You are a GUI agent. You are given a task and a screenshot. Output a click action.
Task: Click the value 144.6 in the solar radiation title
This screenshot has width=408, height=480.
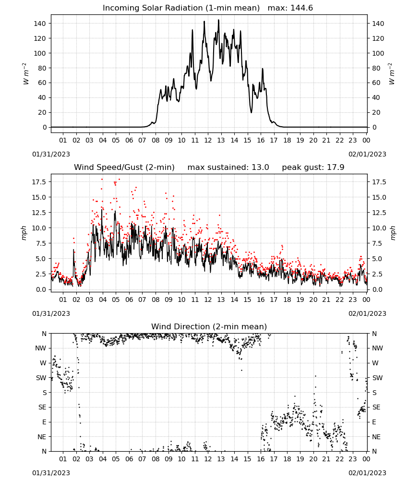pyautogui.click(x=301, y=8)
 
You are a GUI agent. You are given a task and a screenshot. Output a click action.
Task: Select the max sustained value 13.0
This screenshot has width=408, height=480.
pyautogui.click(x=260, y=168)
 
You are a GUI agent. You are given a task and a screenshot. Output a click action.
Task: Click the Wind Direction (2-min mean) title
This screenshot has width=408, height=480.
pyautogui.click(x=209, y=326)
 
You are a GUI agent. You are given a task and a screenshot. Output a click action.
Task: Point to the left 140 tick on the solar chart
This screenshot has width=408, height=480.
pyautogui.click(x=40, y=24)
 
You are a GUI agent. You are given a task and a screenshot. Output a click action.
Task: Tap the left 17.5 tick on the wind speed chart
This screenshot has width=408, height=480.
pyautogui.click(x=39, y=182)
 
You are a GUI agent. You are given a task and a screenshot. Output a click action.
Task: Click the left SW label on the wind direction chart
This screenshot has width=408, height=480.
pyautogui.click(x=41, y=378)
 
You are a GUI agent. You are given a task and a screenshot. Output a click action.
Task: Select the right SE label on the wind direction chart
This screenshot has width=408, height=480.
pyautogui.click(x=376, y=407)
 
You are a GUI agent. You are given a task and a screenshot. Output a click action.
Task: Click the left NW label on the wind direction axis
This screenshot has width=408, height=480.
pyautogui.click(x=41, y=348)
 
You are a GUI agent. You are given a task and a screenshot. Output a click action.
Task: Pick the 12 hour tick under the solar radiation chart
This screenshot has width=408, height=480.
pyautogui.click(x=208, y=140)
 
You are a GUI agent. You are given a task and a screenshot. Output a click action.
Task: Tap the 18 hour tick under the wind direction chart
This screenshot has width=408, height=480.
pyautogui.click(x=287, y=459)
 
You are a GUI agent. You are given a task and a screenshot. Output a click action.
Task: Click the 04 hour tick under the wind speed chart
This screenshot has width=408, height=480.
pyautogui.click(x=103, y=300)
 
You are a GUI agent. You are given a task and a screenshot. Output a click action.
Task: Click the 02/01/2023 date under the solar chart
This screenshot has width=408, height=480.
pyautogui.click(x=367, y=154)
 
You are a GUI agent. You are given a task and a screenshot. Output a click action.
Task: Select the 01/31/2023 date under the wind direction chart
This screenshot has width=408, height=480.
pyautogui.click(x=51, y=473)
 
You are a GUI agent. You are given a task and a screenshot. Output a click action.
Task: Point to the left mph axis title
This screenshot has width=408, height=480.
pyautogui.click(x=24, y=233)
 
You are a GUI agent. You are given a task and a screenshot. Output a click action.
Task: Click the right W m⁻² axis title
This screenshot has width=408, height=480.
pyautogui.click(x=392, y=74)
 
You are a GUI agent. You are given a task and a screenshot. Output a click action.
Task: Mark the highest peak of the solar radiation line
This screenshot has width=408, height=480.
pyautogui.click(x=218, y=20)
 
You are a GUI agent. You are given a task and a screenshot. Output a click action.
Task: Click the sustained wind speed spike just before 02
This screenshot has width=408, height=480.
pyautogui.click(x=73, y=250)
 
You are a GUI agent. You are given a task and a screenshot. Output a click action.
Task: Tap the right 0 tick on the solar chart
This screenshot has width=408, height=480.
pyautogui.click(x=374, y=127)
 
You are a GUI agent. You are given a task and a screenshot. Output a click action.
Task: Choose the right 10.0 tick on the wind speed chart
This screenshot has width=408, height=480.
pyautogui.click(x=379, y=228)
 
